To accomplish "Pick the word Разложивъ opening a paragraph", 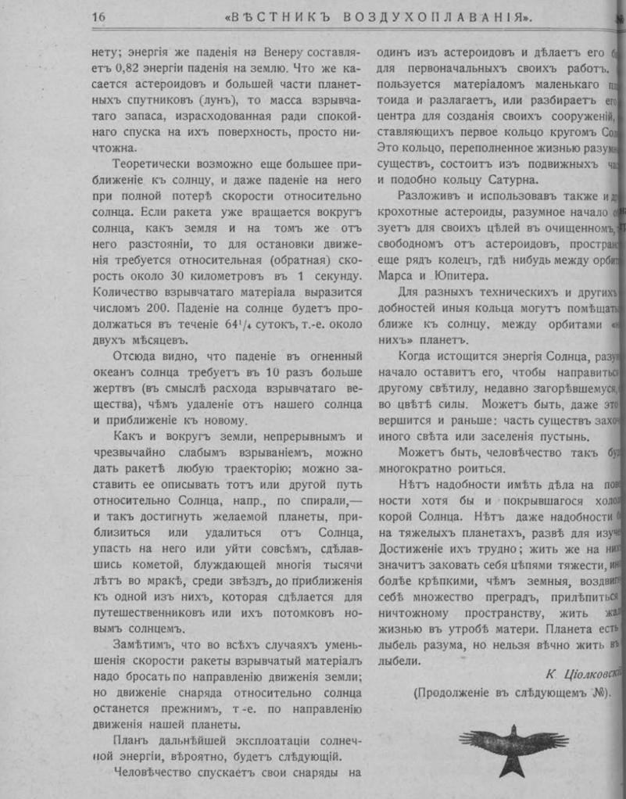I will pos(429,195).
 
